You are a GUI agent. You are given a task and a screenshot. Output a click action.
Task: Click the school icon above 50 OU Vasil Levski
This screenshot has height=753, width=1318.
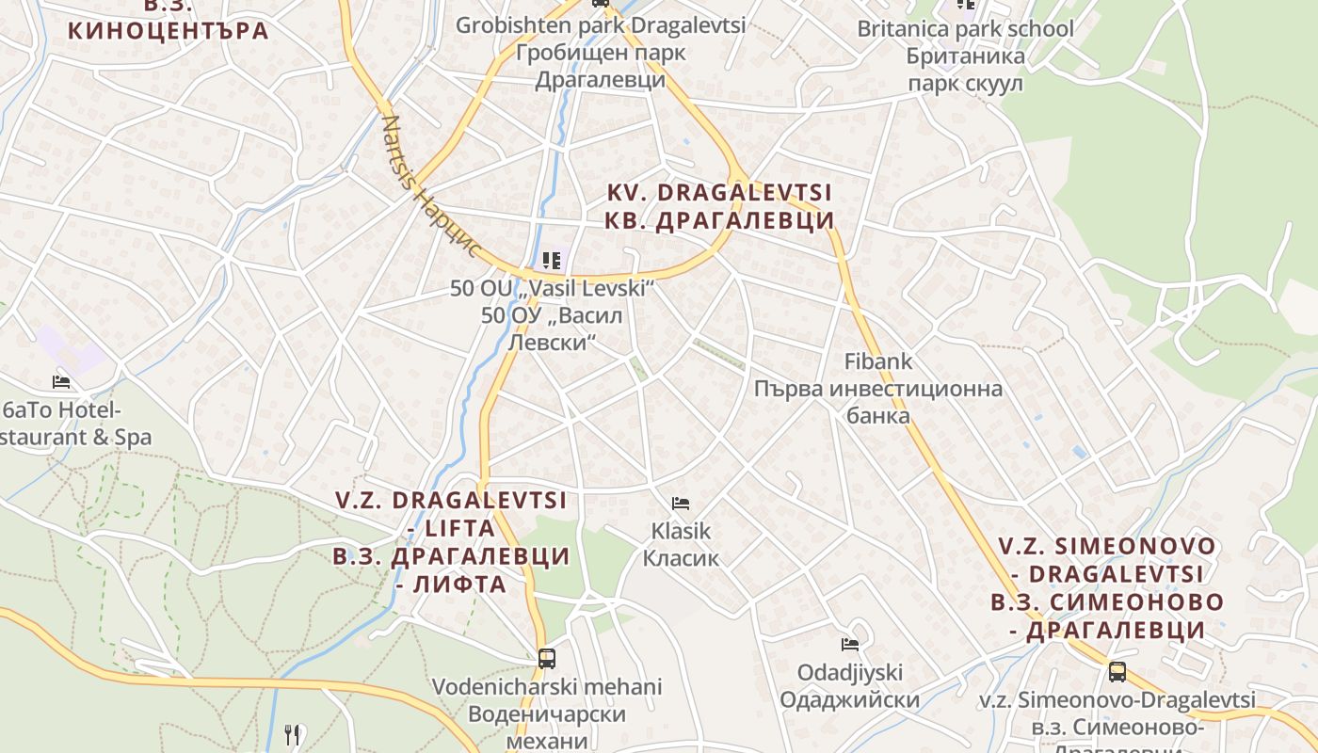pyautogui.click(x=552, y=260)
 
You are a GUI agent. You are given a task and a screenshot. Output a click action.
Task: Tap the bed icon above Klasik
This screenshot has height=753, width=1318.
pyautogui.click(x=681, y=504)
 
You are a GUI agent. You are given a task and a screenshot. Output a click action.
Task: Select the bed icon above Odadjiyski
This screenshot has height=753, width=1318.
pyautogui.click(x=850, y=645)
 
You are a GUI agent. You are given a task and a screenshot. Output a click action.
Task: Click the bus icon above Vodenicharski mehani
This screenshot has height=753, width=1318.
pyautogui.click(x=546, y=658)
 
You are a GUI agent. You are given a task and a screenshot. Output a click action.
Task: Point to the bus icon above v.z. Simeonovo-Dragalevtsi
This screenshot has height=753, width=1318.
pyautogui.click(x=1117, y=672)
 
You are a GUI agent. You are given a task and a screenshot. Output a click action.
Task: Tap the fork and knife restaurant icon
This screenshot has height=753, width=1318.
pyautogui.click(x=292, y=734)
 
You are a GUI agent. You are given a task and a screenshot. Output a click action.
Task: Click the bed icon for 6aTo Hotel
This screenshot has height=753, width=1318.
pyautogui.click(x=61, y=382)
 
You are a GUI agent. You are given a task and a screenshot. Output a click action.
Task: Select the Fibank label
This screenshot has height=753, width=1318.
pyautogui.click(x=877, y=360)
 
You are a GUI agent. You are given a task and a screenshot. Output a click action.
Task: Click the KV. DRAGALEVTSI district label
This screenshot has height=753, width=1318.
pyautogui.click(x=719, y=193)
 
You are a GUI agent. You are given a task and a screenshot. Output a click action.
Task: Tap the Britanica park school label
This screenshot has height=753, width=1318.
pyautogui.click(x=964, y=29)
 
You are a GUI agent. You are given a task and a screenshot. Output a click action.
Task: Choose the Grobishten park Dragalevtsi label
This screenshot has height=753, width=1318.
pyautogui.click(x=601, y=25)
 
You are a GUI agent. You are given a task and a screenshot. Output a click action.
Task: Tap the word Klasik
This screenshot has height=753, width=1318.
pyautogui.click(x=681, y=532)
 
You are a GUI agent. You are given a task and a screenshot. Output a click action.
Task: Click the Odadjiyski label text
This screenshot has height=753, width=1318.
pyautogui.click(x=849, y=673)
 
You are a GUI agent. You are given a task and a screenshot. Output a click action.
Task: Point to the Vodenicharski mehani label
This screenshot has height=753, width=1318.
pyautogui.click(x=547, y=686)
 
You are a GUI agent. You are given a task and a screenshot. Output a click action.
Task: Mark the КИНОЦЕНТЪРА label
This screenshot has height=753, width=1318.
pyautogui.click(x=169, y=30)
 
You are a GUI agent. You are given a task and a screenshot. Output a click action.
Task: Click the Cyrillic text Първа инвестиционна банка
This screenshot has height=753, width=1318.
pyautogui.click(x=877, y=402)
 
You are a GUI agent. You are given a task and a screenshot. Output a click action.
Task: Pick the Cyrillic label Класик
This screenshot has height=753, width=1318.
pyautogui.click(x=681, y=558)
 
